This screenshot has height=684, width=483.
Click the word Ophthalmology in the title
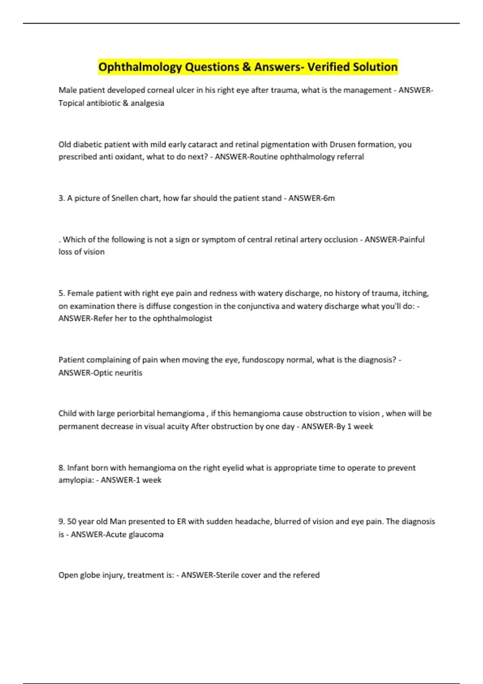click(x=140, y=67)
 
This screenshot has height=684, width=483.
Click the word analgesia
click(x=147, y=103)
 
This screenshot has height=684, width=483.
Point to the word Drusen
click(x=343, y=144)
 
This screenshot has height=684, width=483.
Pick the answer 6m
click(x=329, y=198)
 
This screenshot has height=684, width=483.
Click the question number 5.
click(x=61, y=293)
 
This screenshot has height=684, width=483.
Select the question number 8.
click(x=61, y=468)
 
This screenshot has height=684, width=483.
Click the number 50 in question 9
click(x=72, y=521)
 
